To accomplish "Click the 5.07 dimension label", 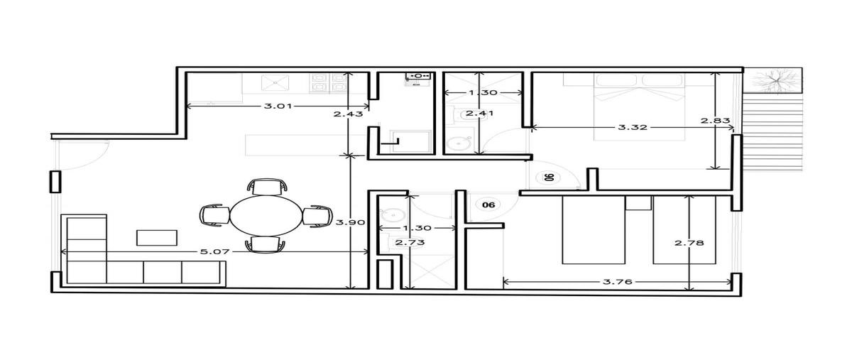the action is click(215, 252).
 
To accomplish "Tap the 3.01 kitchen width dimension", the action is click(278, 106).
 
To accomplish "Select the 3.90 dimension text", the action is click(350, 222).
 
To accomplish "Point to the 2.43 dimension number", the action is click(348, 114).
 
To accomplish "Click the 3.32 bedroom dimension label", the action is click(633, 127).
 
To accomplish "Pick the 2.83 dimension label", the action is click(715, 121).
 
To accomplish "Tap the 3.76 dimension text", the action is click(617, 282).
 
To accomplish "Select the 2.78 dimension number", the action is click(689, 242).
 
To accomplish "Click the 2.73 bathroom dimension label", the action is click(410, 242).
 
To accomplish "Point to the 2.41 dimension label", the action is click(480, 113).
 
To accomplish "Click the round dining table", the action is click(266, 215).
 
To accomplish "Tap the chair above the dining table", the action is click(267, 187).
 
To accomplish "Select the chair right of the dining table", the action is click(317, 216).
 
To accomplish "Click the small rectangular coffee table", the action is click(157, 237).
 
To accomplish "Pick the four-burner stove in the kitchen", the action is click(328, 83).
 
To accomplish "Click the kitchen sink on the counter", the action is click(275, 82).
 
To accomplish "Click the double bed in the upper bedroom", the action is click(640, 107).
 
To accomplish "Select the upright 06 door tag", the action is click(488, 204).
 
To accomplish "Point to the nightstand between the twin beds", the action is click(638, 203).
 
